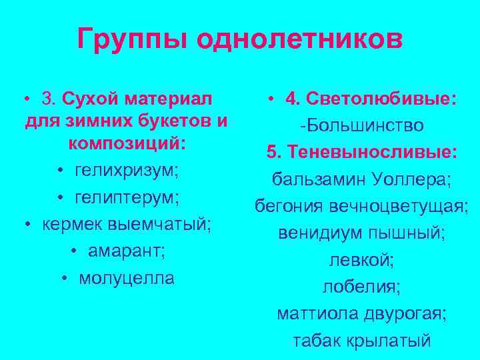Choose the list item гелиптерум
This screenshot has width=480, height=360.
pyautogui.click(x=127, y=199)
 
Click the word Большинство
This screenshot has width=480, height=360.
pyautogui.click(x=364, y=125)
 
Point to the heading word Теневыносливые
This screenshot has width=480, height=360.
pyautogui.click(x=373, y=153)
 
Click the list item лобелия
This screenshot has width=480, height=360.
pyautogui.click(x=361, y=287)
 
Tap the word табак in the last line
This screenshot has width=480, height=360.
pyautogui.click(x=315, y=341)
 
